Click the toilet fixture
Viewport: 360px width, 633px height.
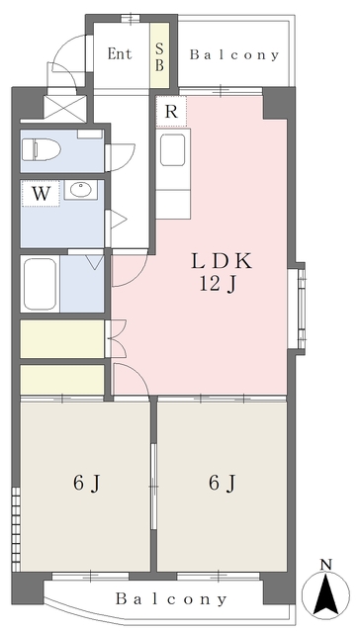coord(42,149)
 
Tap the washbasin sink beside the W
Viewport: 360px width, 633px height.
coord(81,190)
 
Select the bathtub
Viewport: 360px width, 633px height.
coord(40,284)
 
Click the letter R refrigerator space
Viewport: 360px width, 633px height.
coord(171,112)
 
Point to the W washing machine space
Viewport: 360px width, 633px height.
coord(41,194)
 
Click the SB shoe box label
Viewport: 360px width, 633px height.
coord(159,57)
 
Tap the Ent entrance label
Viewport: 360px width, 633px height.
coord(120,53)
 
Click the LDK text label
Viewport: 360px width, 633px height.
coord(222,261)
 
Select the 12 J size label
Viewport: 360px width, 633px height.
coord(218,285)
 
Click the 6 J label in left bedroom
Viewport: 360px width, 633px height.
coord(86,484)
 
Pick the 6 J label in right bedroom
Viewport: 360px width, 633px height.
coord(222,484)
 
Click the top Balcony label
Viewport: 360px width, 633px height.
coord(234,55)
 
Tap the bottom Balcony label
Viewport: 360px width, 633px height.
coord(171,598)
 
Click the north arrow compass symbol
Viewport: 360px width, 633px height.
coord(326,590)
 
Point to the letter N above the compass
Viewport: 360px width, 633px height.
coord(326,565)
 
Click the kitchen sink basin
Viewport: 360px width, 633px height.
coord(173,150)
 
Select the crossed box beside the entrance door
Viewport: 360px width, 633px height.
coord(65,108)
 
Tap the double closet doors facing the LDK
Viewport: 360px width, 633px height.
coord(118,338)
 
